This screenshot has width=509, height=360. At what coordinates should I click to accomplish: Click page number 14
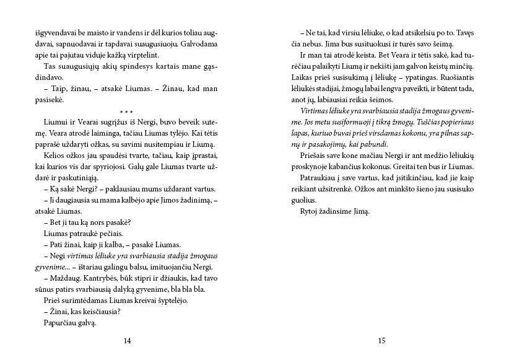click(128, 340)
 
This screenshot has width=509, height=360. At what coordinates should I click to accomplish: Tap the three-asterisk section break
click(128, 112)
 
